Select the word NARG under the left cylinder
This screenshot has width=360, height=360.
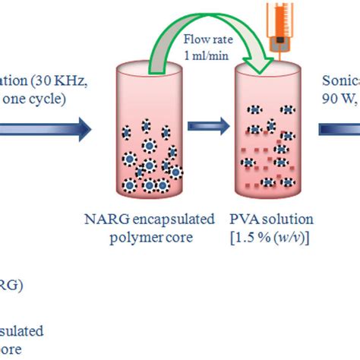pos(100,220)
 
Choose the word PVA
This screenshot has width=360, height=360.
pos(242,220)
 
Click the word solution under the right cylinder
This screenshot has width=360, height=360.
pos(289,220)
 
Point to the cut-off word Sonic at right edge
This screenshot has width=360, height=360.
pos(342,81)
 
